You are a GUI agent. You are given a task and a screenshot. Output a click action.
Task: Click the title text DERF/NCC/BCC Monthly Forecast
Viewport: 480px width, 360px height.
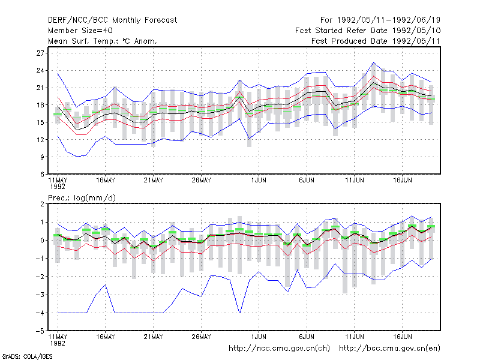pos(112,20)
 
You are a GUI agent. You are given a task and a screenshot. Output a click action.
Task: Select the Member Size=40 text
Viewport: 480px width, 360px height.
pos(80,31)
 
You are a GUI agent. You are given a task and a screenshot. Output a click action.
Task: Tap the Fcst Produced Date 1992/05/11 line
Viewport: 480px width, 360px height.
pos(376,41)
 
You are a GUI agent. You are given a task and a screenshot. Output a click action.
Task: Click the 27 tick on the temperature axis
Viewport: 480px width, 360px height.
pos(40,53)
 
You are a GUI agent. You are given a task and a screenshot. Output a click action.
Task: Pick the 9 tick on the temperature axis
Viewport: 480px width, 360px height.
pos(42,157)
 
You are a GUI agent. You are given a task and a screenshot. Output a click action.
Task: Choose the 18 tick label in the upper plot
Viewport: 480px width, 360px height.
pos(40,105)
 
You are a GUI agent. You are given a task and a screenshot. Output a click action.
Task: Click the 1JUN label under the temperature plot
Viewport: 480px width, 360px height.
pos(259,181)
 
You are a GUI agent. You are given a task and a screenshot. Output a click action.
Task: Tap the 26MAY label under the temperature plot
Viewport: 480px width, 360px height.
pos(201,181)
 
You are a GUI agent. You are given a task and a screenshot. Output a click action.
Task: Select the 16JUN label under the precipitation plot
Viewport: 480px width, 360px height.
pos(402,337)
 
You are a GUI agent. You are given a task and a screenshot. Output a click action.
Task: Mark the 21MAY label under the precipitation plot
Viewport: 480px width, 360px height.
pos(154,337)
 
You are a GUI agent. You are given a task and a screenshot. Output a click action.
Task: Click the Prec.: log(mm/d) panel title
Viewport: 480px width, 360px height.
pos(82,198)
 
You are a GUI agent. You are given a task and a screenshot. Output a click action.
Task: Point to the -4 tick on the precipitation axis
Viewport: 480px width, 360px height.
pos(40,313)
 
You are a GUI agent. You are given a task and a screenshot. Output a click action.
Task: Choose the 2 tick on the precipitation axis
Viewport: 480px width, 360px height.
pos(42,204)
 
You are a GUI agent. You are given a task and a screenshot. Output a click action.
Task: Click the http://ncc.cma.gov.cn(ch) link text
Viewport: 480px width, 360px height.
pos(279,349)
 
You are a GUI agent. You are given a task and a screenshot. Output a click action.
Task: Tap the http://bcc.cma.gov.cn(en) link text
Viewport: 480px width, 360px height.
pos(389,349)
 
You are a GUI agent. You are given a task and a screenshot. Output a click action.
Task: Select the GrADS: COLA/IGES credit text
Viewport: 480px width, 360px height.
pos(27,356)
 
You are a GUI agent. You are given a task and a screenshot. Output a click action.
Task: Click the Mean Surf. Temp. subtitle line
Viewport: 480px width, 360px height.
pos(103,41)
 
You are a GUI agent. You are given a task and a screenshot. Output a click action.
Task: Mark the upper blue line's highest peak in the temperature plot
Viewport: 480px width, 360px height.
pos(373,62)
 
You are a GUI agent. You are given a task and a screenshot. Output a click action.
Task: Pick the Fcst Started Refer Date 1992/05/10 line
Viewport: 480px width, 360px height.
pos(368,31)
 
